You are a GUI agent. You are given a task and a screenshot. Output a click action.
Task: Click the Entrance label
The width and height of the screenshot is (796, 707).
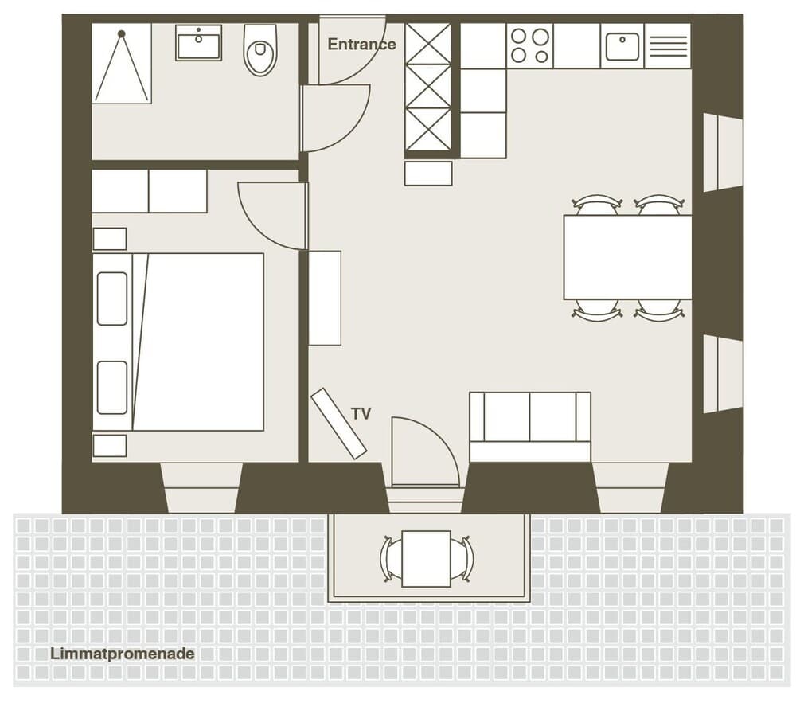[x=361, y=45]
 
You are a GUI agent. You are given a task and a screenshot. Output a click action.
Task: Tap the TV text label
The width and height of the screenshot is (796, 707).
[x=361, y=413]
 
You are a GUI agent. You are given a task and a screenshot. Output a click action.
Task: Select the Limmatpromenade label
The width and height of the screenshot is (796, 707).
[x=122, y=654]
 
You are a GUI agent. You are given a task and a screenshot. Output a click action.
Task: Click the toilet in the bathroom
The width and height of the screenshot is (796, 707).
[x=260, y=50]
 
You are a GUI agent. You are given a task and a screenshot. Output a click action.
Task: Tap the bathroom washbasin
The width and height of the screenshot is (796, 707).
[x=199, y=43]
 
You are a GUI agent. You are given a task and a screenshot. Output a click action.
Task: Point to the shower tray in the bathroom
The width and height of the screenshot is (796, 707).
[x=121, y=64]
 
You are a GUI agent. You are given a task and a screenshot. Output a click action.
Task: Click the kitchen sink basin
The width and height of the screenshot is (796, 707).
[x=622, y=46]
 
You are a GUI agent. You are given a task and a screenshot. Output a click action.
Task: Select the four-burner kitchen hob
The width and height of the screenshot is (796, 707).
[x=529, y=45]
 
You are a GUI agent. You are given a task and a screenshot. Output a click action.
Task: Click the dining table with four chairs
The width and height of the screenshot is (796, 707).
[x=627, y=257]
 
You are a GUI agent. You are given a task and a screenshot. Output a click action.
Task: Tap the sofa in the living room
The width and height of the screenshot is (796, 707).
[x=529, y=425]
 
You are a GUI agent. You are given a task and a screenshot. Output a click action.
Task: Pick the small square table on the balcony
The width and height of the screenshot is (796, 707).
[x=426, y=558]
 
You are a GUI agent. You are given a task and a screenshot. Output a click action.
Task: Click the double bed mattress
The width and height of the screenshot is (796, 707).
[x=199, y=342]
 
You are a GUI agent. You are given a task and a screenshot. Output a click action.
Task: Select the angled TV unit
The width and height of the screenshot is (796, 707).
[x=338, y=423]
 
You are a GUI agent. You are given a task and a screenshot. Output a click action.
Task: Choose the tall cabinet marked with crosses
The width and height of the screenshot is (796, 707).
[x=428, y=87]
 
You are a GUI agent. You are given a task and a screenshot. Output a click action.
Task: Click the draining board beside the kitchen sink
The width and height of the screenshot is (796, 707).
[x=667, y=46]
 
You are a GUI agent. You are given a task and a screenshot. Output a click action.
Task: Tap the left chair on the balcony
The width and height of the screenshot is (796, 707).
[x=391, y=558]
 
